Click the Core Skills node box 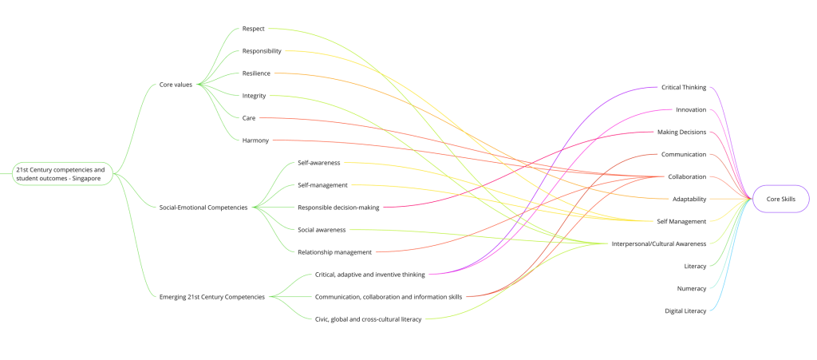click(780, 199)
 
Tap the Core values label click(176, 84)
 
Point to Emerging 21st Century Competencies click(211, 297)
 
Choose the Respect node click(254, 29)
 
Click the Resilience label click(256, 73)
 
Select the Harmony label click(255, 140)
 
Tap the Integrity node click(255, 96)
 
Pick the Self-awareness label click(319, 163)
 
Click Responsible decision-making click(338, 208)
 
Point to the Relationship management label click(334, 252)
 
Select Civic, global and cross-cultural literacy click(368, 319)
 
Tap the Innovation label click(691, 109)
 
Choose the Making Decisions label click(681, 132)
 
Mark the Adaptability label click(689, 199)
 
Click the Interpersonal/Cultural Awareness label click(658, 243)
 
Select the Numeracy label click(691, 288)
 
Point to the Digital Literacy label click(685, 311)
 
